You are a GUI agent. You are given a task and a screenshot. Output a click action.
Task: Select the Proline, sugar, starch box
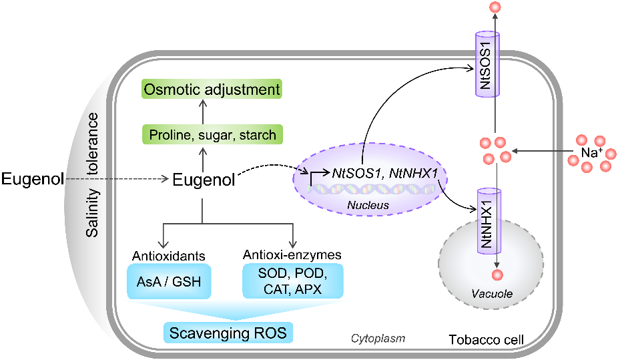(x=212, y=135)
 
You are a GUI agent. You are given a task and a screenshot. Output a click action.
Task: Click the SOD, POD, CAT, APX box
(x=293, y=281)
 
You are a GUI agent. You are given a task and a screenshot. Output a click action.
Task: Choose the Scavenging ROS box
(x=229, y=332)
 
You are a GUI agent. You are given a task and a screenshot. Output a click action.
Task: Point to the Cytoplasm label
(x=378, y=339)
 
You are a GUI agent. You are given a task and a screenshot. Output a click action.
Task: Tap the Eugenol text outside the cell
(x=31, y=178)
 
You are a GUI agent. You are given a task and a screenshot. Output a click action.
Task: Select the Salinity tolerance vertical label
(x=93, y=175)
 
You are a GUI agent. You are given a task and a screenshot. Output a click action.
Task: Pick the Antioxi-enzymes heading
(x=293, y=255)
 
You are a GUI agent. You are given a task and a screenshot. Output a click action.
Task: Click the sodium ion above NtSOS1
(x=495, y=8)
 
